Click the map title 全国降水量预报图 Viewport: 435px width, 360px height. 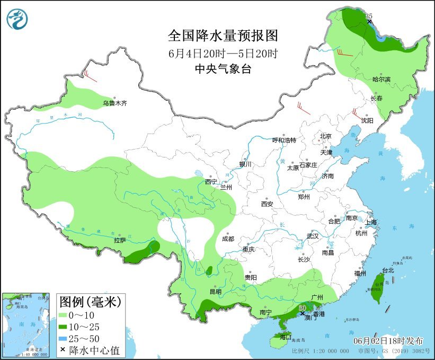(223, 36)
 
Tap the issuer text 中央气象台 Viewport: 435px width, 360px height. (223, 68)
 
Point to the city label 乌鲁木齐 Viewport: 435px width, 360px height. (115, 103)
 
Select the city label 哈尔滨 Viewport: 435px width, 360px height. (381, 80)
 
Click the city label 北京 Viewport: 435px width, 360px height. (325, 136)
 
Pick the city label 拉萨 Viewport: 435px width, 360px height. (120, 240)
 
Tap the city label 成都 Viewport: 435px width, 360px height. (228, 239)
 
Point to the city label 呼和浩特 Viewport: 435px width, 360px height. (284, 141)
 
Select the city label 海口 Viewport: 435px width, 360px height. (286, 337)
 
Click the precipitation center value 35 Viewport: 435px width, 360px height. (369, 17)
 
